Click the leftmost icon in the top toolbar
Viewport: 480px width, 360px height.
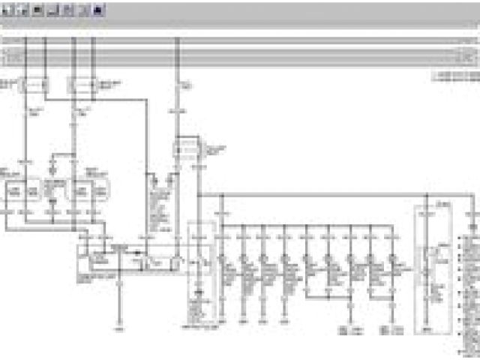point(6,10)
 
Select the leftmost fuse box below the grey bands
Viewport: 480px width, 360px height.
point(32,86)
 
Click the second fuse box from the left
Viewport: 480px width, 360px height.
point(82,86)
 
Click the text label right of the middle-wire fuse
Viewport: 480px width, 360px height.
point(215,150)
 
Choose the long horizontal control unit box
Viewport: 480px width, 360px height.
point(132,259)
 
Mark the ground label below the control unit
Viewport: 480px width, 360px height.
point(118,328)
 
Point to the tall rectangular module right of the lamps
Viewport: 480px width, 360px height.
point(431,270)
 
